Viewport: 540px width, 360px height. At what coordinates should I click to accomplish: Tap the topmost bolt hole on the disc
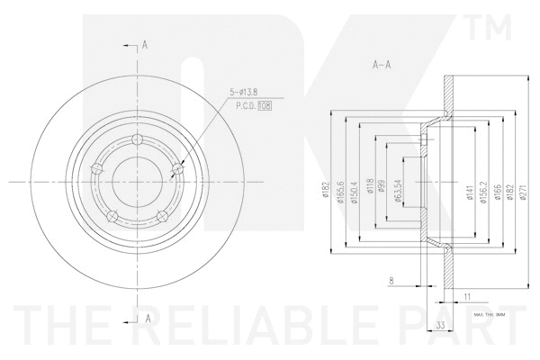tap(137, 139)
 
